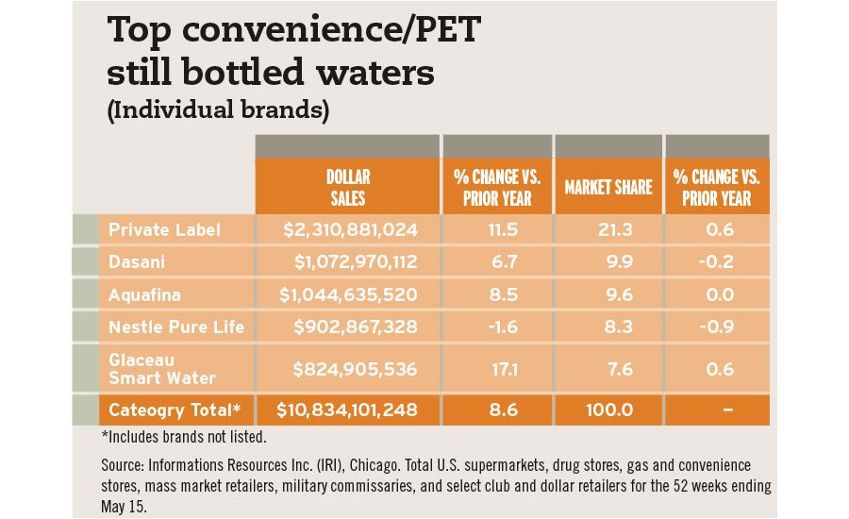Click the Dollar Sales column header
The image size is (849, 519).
pyautogui.click(x=347, y=187)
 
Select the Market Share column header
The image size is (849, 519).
pyautogui.click(x=608, y=187)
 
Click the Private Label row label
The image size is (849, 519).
pyautogui.click(x=164, y=229)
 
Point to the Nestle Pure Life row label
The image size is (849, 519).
pyautogui.click(x=176, y=326)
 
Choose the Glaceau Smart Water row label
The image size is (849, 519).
pyautogui.click(x=161, y=369)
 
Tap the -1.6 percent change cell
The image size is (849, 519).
pyautogui.click(x=497, y=326)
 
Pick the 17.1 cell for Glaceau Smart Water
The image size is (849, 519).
pyautogui.click(x=497, y=369)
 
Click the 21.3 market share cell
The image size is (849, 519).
pyautogui.click(x=608, y=229)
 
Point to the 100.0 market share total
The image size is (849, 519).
pyautogui.click(x=608, y=410)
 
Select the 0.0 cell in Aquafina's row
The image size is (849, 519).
pyautogui.click(x=717, y=294)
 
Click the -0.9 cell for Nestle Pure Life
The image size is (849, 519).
pyautogui.click(x=717, y=326)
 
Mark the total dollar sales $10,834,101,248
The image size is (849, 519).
pyautogui.click(x=347, y=410)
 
